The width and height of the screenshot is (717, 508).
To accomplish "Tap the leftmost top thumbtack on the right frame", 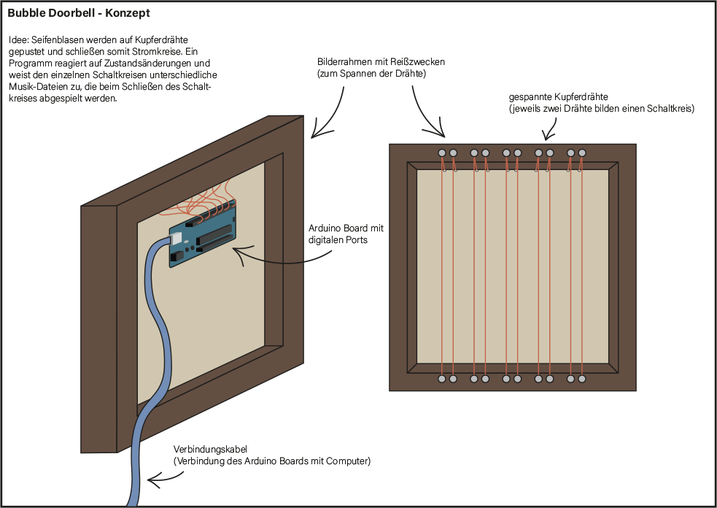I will point(441,153).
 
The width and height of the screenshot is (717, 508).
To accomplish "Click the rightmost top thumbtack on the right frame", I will point(582,153).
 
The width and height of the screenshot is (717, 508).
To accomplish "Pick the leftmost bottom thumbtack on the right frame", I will point(441,380).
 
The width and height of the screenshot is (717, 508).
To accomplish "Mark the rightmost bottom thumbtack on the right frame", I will point(582,380).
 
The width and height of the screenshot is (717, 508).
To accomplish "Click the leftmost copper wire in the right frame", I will point(442,270).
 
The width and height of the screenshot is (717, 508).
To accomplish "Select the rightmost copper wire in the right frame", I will point(581,270).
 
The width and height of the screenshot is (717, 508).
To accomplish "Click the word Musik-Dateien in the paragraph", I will point(35,88).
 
